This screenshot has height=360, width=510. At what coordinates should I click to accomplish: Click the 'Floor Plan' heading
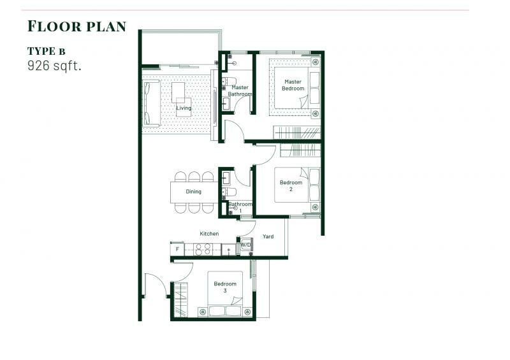tap(76, 26)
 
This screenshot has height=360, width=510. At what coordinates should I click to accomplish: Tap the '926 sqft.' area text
tap(54, 66)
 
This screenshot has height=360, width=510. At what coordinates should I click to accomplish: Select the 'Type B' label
tap(46, 51)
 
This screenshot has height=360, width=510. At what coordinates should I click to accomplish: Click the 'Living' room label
tap(184, 108)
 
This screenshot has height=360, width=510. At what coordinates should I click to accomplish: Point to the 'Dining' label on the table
tap(194, 192)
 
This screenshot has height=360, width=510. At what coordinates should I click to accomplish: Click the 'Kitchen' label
tap(209, 233)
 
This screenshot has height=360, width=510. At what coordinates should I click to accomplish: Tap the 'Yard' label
tap(268, 236)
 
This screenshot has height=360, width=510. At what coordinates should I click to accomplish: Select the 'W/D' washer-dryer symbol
tap(245, 245)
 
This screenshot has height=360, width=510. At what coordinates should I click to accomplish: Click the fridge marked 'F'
tap(178, 249)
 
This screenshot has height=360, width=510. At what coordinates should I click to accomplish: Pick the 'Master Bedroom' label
tap(293, 85)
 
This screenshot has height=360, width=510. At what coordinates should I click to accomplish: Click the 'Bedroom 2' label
tap(291, 185)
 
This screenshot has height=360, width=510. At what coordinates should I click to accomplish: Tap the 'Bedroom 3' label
tap(225, 287)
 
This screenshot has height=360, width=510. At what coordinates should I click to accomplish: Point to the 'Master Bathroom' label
tap(240, 90)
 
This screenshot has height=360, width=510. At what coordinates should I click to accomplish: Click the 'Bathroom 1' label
tap(240, 207)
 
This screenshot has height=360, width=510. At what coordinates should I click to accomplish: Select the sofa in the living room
tap(151, 103)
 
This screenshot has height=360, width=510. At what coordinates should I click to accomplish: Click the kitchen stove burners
tap(203, 249)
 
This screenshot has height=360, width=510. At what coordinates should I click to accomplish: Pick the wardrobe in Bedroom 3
tap(181, 299)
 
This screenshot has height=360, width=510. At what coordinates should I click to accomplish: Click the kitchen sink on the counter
tap(229, 250)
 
